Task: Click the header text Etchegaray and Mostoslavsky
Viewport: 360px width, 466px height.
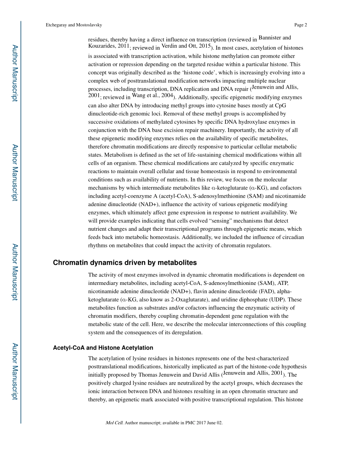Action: (74, 25)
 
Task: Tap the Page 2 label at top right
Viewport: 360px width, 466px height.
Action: (300, 25)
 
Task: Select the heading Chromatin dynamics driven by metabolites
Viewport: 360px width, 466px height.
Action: (125, 263)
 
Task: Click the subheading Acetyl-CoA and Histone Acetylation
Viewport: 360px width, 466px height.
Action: (103, 347)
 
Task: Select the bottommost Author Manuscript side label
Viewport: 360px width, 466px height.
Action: (15, 371)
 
